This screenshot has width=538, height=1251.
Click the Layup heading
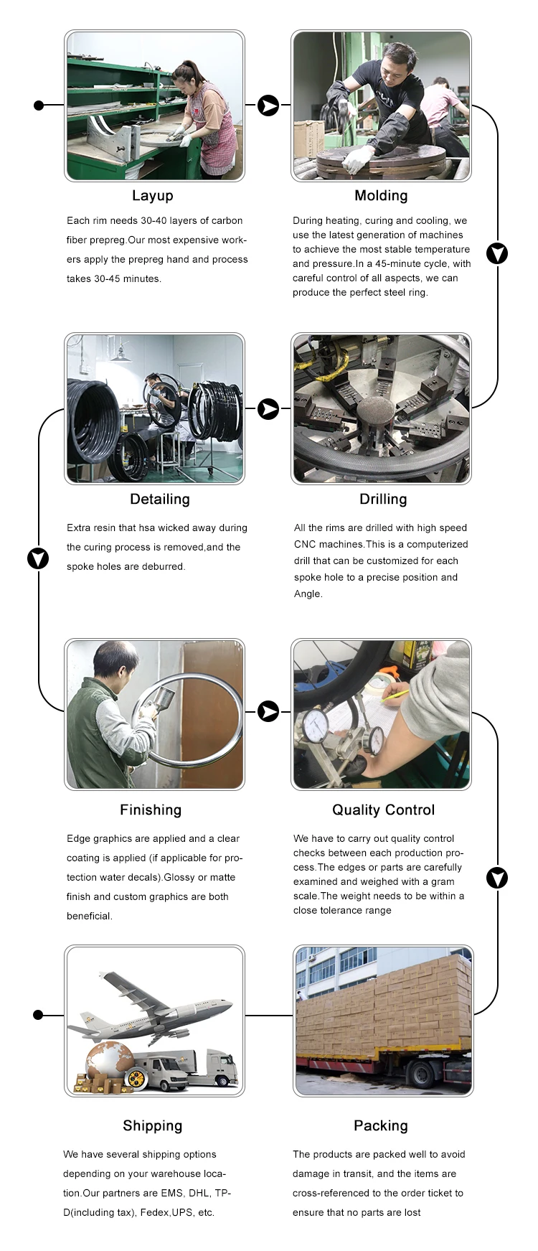coord(152,196)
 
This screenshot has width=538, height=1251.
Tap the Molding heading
coord(381,196)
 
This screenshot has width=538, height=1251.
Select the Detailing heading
coord(160,500)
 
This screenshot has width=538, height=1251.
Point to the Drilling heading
coord(383,500)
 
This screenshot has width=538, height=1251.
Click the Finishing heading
coord(151,810)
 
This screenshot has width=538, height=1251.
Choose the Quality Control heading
coord(383,810)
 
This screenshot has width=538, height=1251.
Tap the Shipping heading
coord(152,1126)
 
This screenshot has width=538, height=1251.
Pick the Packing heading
coord(380,1126)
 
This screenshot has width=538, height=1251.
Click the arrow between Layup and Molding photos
coord(268,106)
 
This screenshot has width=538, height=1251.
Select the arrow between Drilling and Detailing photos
coord(268,409)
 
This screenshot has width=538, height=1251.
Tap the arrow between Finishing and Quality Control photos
coord(268,712)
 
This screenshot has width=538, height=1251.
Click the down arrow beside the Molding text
coord(497,253)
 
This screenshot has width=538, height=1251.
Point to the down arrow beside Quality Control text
coord(497,878)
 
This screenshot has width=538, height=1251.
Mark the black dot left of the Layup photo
coord(39,106)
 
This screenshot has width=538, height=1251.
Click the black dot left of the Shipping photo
coord(39,1015)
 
